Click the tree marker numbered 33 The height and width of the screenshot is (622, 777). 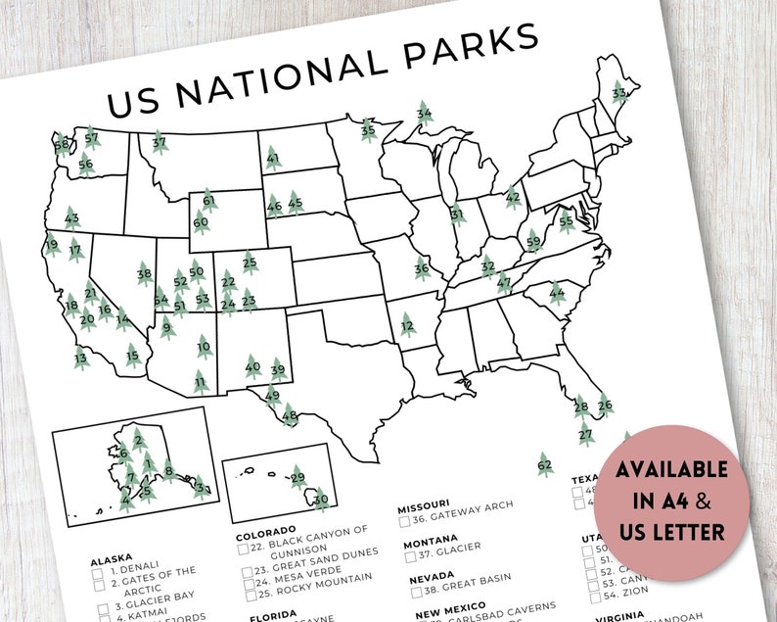(x=618, y=93)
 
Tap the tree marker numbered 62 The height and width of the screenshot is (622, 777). (x=545, y=464)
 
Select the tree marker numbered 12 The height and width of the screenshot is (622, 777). (x=407, y=324)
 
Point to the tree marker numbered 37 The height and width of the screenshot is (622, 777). (x=159, y=143)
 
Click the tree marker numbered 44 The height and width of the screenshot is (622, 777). (x=557, y=292)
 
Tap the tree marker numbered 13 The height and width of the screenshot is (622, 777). (x=81, y=359)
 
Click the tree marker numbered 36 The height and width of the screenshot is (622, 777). (x=422, y=267)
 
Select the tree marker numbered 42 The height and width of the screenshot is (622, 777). (x=513, y=197)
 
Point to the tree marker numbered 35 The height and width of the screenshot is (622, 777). (x=368, y=129)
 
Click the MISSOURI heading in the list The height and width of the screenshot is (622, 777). (x=424, y=507)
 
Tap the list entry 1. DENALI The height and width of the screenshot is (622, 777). (x=135, y=567)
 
